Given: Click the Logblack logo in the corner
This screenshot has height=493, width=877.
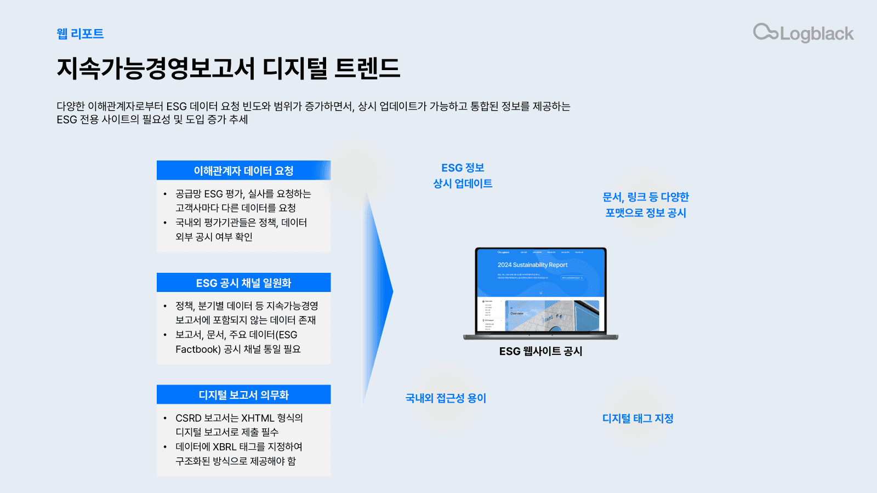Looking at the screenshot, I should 803,33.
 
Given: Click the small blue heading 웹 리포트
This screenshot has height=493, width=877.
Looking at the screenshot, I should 80,34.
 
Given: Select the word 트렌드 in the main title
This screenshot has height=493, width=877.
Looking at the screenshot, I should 367,68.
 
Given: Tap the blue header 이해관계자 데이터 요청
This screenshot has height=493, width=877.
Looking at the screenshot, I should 243,171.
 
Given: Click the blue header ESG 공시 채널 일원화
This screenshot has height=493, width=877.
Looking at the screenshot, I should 243,283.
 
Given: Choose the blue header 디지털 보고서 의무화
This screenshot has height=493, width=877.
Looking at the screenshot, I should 243,395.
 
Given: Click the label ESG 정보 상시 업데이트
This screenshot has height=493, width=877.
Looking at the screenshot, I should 463,175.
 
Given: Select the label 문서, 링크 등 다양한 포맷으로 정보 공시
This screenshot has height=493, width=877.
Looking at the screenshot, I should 646,205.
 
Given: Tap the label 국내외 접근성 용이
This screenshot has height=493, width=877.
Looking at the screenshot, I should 446,398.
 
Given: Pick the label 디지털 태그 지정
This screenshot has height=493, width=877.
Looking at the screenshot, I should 637,419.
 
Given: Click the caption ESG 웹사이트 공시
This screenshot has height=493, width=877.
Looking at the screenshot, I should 540,351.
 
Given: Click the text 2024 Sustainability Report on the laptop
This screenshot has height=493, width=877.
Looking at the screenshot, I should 532,265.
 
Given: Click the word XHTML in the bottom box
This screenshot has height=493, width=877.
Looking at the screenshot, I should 258,418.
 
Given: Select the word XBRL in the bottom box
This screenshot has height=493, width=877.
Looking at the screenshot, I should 225,447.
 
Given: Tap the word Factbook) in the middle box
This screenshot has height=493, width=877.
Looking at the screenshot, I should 198,349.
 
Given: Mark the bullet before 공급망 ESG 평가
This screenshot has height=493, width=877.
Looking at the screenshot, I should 165,194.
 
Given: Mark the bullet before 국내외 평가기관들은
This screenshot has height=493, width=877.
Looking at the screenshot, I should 165,222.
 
